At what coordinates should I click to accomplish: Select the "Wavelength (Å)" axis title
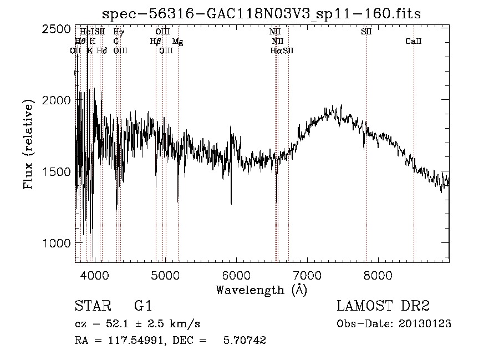pos(261,290)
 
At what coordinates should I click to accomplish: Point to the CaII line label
pos(414,41)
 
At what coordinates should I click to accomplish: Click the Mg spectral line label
pos(177,41)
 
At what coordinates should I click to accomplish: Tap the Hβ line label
pos(155,41)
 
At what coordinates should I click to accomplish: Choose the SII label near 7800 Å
pos(366,32)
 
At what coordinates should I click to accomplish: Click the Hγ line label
pos(118,32)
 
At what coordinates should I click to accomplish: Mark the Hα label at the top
pos(276,50)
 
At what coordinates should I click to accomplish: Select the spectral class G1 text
pos(142,306)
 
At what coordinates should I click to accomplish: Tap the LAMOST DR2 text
pos(383,306)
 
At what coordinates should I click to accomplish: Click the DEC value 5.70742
pos(245,341)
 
